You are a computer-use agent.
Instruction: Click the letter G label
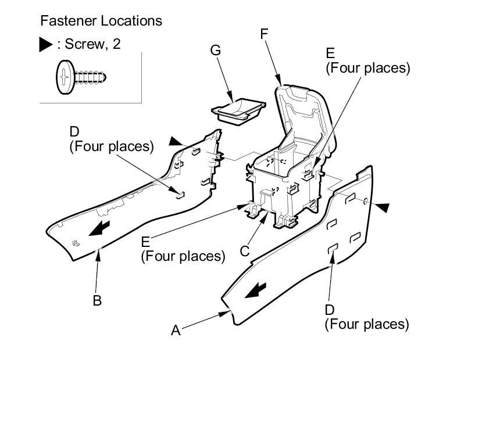[216, 51]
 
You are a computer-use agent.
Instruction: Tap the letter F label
[265, 34]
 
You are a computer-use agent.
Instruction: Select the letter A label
[176, 331]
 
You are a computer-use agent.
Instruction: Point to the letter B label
[97, 300]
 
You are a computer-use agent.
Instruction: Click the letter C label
[245, 251]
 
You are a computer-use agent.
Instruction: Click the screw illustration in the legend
[81, 77]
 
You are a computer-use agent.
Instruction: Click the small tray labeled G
[238, 110]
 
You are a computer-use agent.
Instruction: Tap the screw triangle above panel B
[175, 141]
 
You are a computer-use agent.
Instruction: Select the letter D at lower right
[330, 310]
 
